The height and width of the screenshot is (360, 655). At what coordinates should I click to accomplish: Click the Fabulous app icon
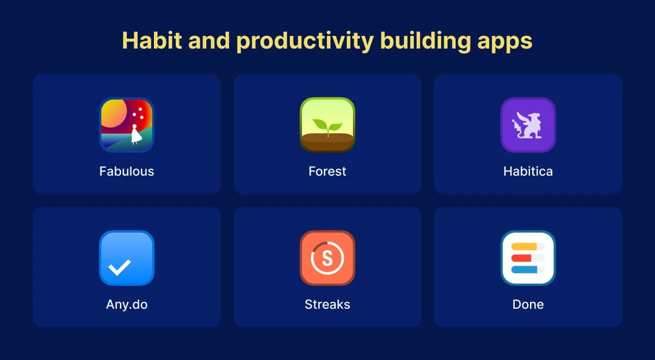[127, 125]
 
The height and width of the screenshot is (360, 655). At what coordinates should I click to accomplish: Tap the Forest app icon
[327, 125]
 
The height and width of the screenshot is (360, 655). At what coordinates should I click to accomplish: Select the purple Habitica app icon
[528, 125]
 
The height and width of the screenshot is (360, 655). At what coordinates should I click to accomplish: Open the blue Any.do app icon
[127, 258]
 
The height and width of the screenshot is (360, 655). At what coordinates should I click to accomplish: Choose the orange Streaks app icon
[327, 258]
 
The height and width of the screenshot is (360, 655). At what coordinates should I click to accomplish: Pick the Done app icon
[528, 258]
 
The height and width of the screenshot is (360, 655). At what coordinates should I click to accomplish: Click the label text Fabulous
[127, 171]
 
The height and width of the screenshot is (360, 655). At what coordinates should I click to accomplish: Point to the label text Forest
[327, 171]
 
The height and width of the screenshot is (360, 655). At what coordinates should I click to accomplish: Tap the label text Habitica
[528, 171]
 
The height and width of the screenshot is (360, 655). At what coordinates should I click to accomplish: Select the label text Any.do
[127, 304]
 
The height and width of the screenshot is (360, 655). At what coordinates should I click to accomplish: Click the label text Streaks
[327, 304]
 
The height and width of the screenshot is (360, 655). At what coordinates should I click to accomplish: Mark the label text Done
[528, 304]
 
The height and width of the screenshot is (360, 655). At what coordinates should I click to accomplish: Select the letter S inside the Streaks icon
[327, 259]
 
